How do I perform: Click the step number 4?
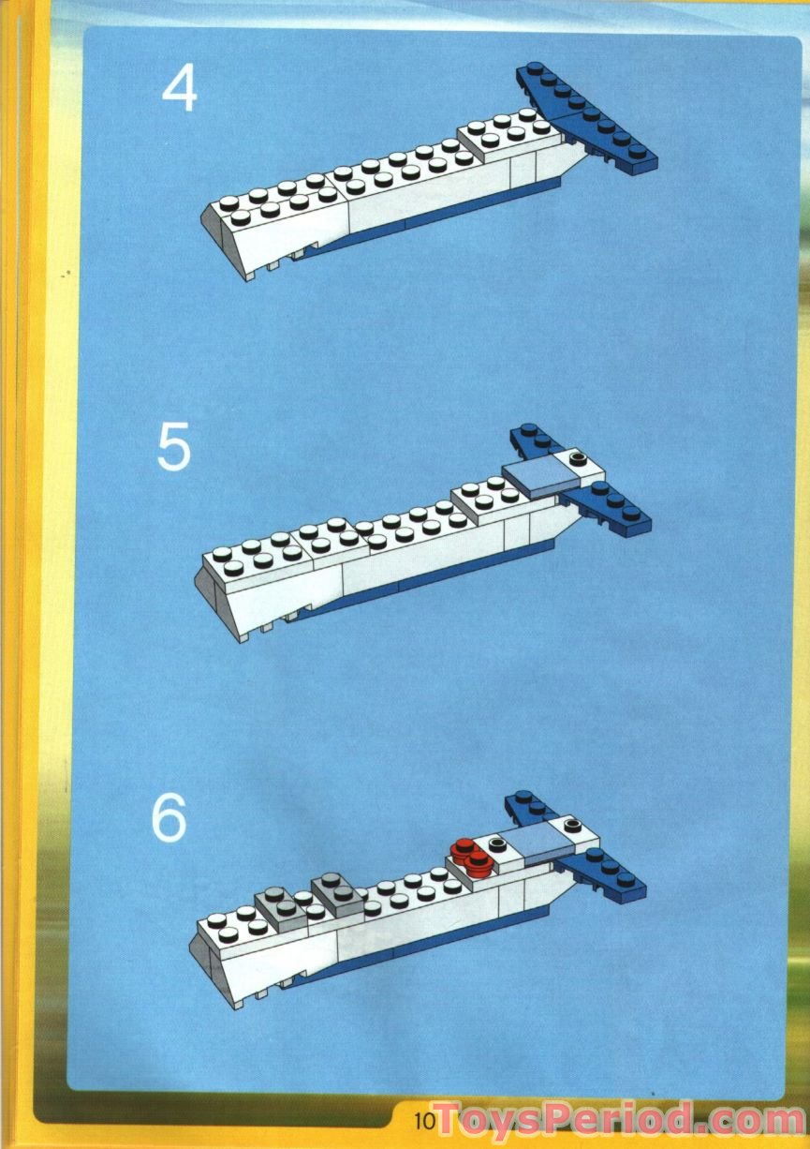click(x=180, y=91)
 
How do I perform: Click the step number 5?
click(x=174, y=448)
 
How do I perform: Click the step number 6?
click(x=169, y=819)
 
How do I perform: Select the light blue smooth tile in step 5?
click(x=538, y=477)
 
